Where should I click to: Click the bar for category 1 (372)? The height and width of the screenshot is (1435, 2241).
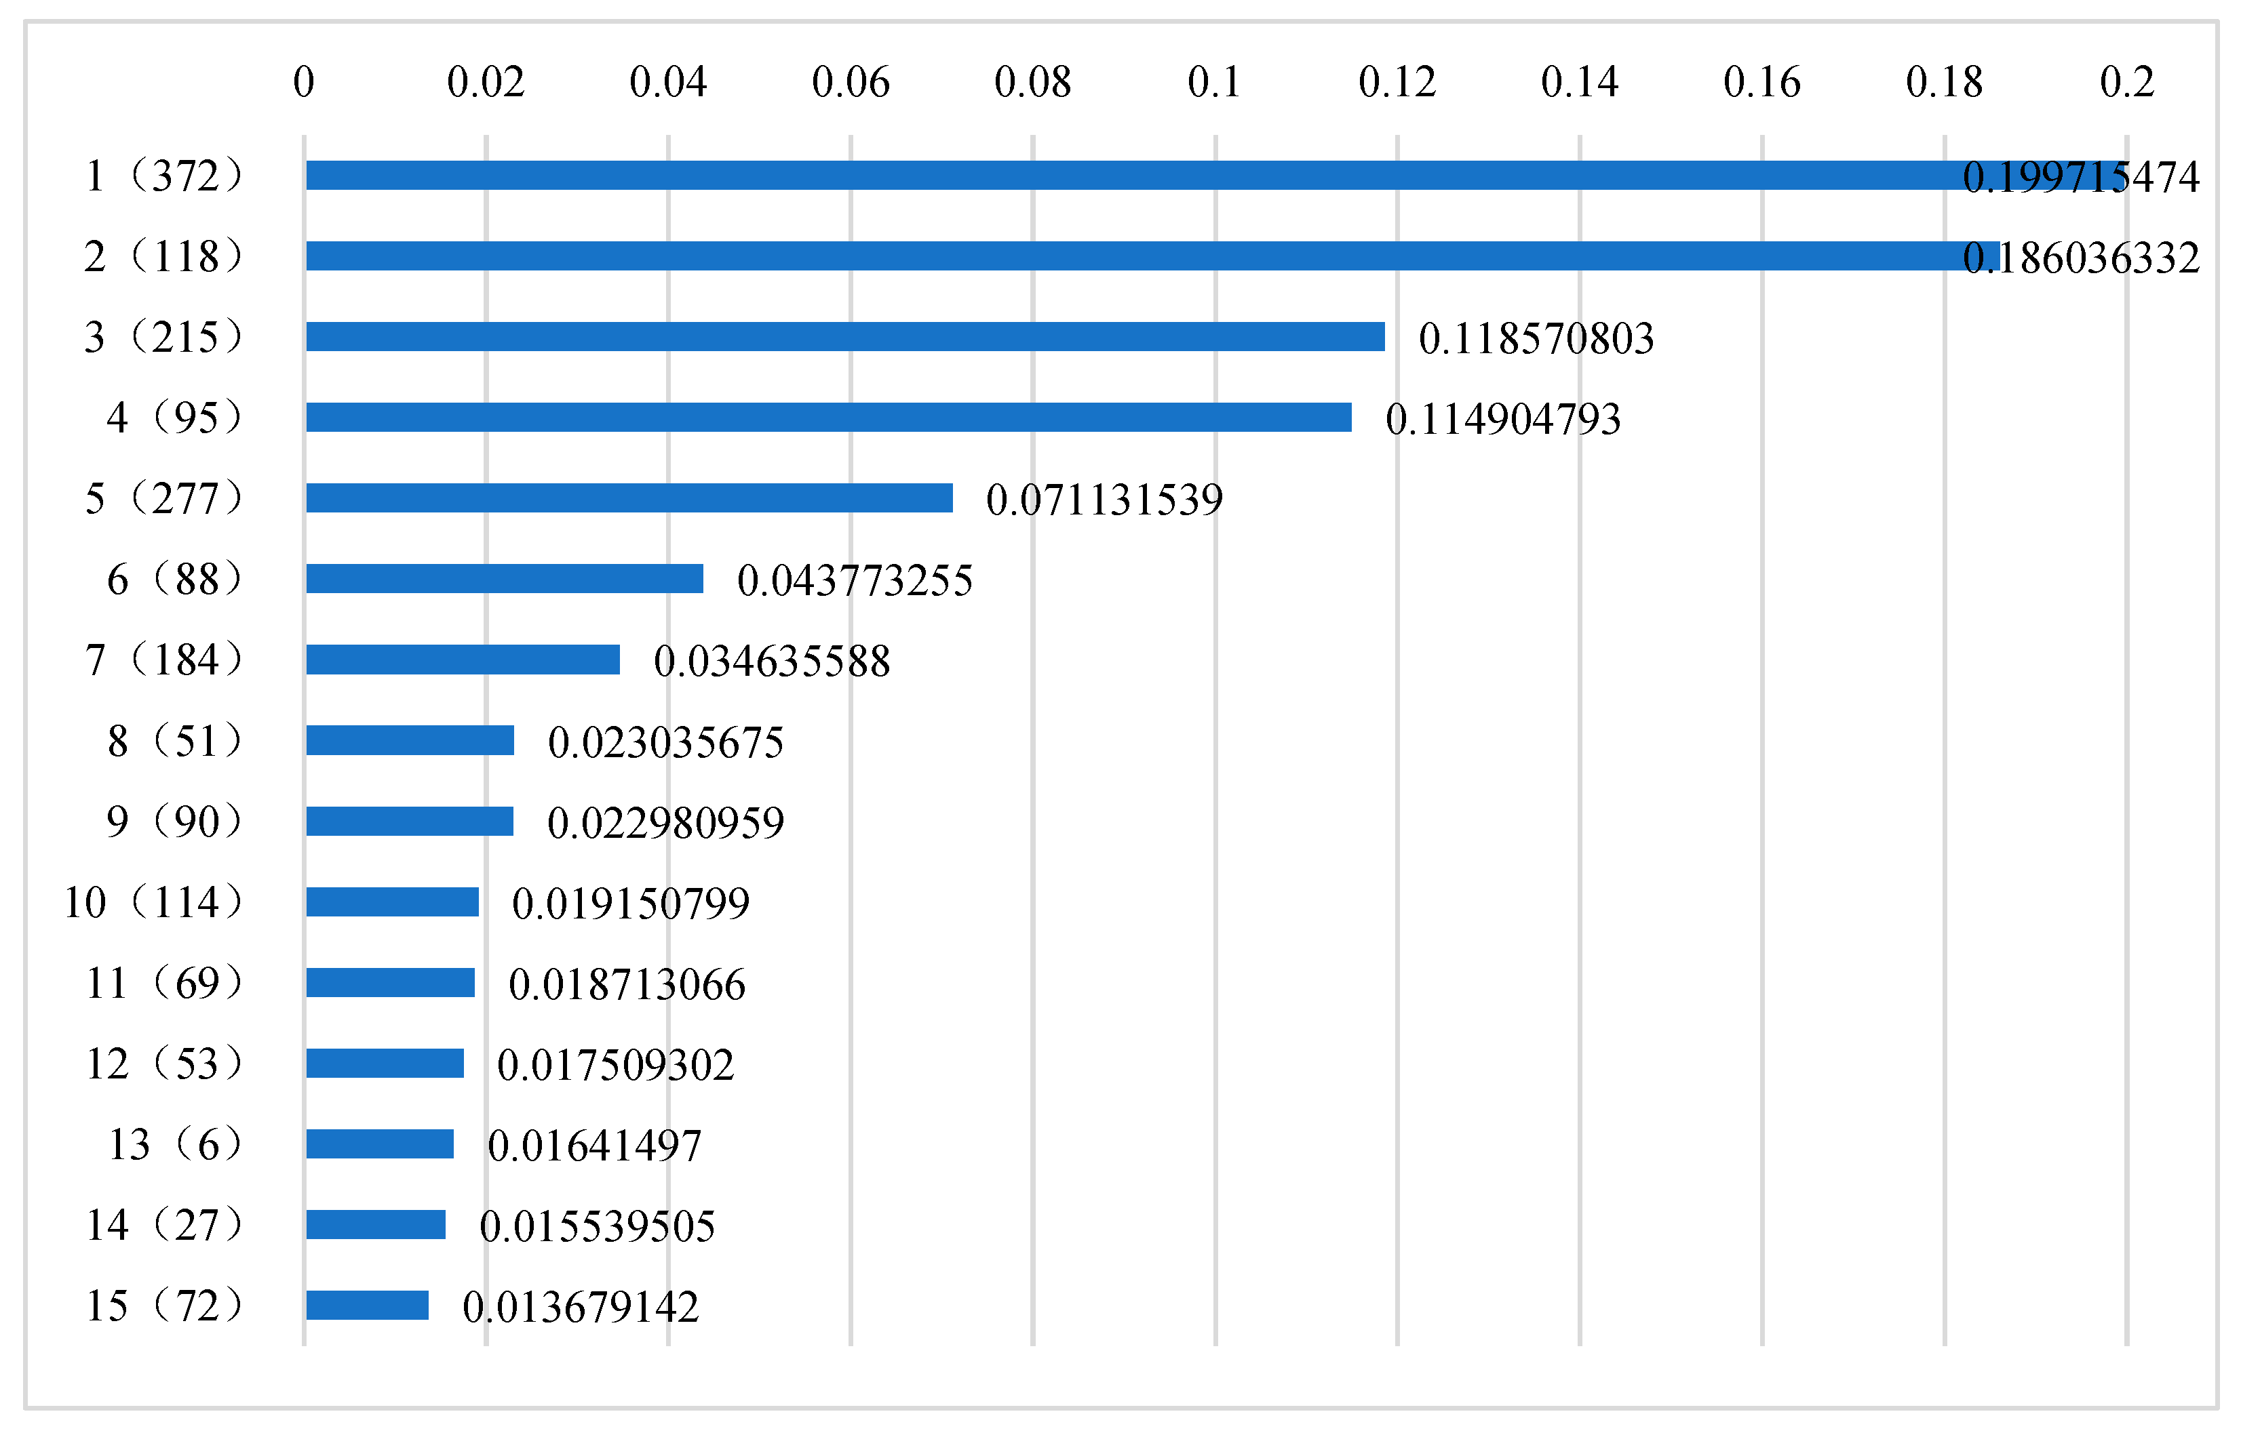click(1118, 175)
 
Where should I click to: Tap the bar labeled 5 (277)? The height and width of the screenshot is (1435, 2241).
click(629, 498)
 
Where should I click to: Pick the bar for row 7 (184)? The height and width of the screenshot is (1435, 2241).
click(463, 660)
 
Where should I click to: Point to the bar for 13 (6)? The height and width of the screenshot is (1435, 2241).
click(379, 1144)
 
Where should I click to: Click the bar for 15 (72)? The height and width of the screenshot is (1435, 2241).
click(368, 1306)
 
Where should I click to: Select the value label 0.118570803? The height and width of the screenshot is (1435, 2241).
click(1536, 338)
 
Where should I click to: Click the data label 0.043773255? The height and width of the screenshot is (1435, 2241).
click(854, 580)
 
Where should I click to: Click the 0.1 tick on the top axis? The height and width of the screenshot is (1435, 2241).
click(1213, 82)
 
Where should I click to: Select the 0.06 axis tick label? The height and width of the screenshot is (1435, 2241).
click(850, 82)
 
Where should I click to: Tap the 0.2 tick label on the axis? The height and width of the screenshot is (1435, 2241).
click(2126, 82)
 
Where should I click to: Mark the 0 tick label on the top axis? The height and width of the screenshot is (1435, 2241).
click(304, 82)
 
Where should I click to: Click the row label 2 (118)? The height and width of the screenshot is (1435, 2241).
click(163, 256)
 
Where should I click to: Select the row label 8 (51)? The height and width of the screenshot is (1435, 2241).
click(174, 741)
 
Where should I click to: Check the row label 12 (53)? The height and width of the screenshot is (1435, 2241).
click(164, 1064)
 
